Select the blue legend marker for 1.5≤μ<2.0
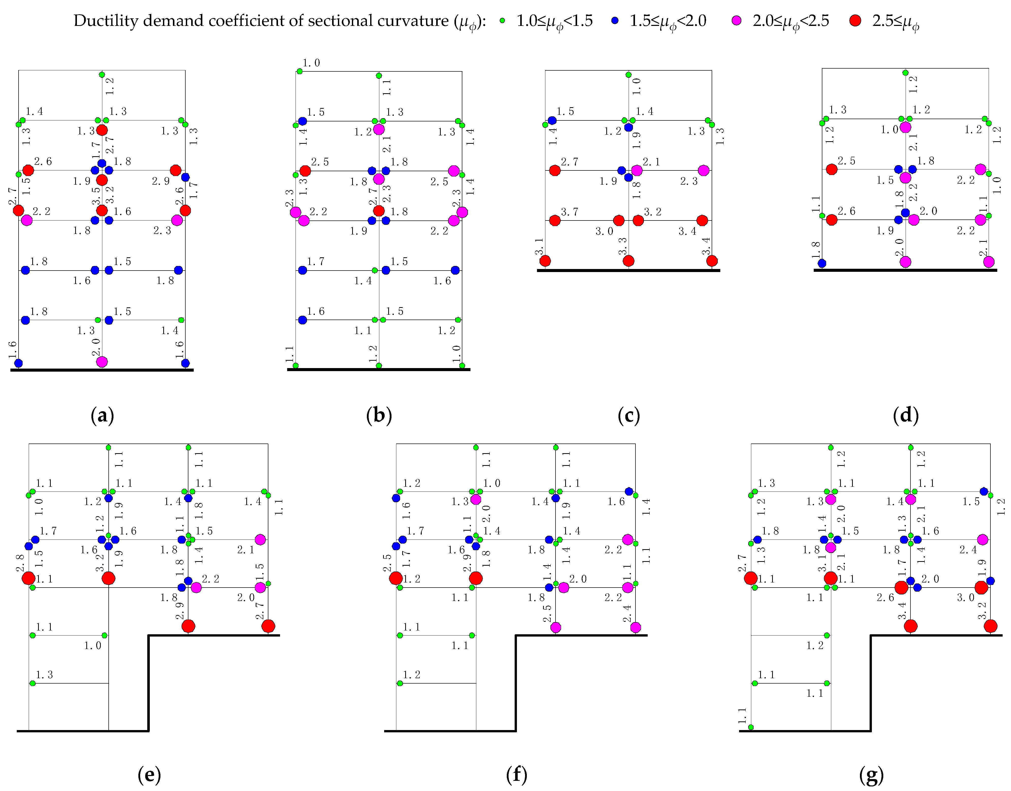coord(615,20)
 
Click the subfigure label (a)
coord(102,415)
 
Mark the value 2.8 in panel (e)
coord(20,563)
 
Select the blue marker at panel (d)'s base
coord(822,263)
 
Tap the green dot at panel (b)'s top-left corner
coord(300,71)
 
